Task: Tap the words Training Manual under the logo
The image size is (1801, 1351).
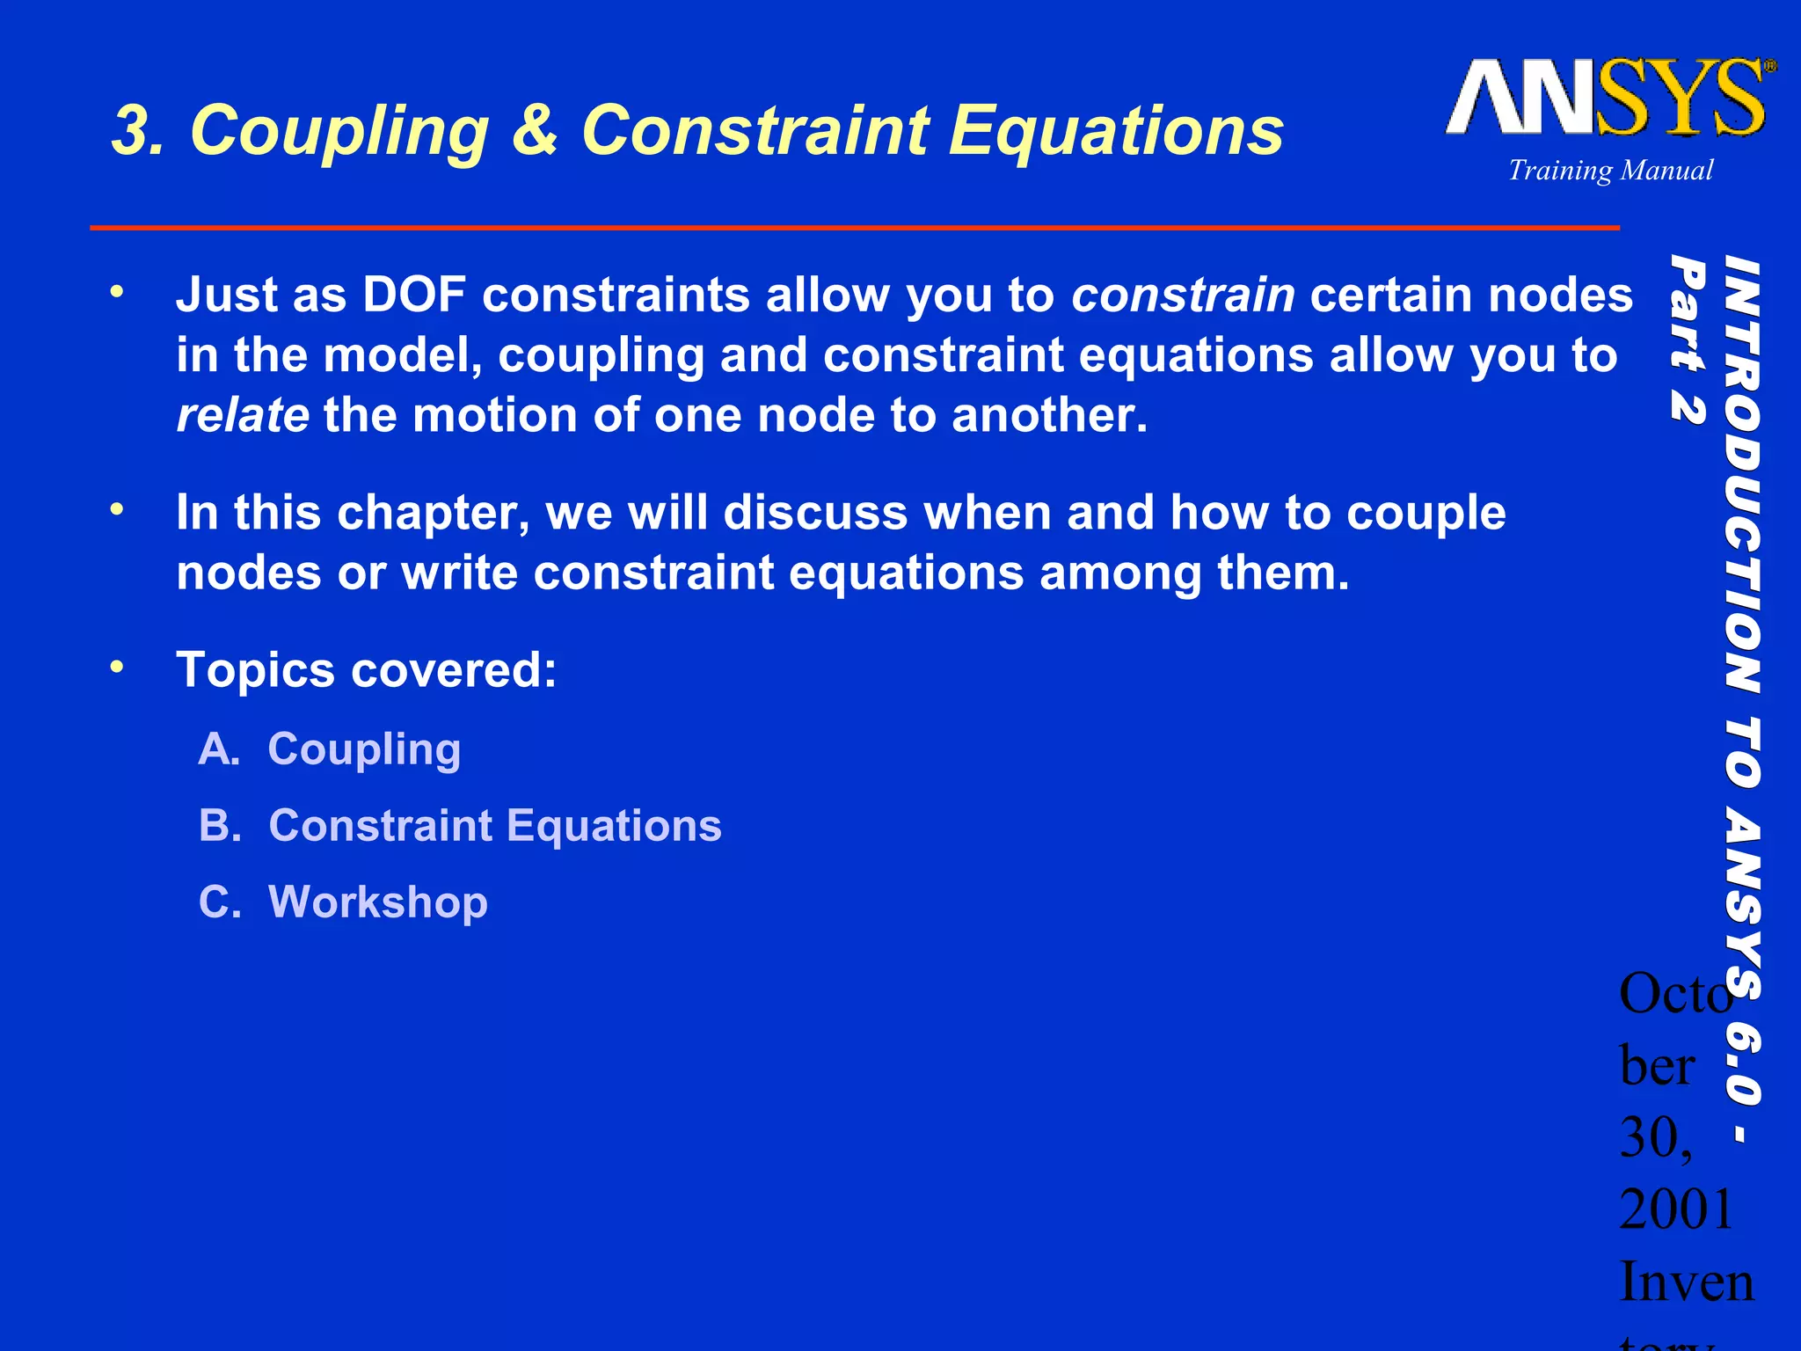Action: click(1610, 170)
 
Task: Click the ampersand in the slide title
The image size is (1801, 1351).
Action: click(534, 130)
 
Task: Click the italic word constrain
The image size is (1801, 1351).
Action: click(1182, 295)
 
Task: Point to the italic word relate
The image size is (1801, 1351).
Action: click(242, 415)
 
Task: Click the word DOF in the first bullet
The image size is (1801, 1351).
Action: click(413, 295)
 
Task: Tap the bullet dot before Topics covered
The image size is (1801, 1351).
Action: click(117, 668)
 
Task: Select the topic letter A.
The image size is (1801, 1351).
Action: click(217, 749)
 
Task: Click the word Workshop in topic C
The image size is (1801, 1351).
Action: click(377, 902)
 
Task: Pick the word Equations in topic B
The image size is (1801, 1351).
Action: click(614, 826)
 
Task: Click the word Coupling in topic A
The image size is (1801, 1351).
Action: click(364, 750)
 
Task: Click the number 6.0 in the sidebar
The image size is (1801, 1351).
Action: click(1742, 1060)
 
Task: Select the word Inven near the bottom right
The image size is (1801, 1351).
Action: click(1686, 1282)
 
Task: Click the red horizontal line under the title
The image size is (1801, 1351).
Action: click(853, 228)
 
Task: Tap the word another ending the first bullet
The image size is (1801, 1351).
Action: click(1047, 415)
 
